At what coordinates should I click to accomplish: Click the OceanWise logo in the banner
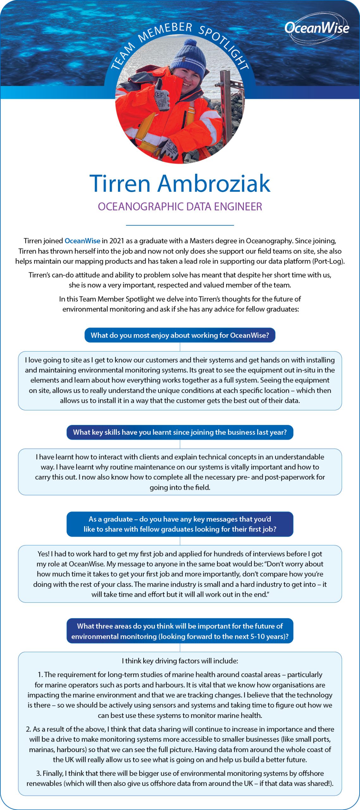tap(317, 28)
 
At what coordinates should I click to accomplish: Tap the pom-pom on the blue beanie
tap(190, 43)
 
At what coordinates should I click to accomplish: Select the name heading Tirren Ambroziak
tap(180, 183)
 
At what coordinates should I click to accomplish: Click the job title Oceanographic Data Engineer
tap(180, 207)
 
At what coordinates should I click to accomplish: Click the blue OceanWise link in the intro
tap(82, 241)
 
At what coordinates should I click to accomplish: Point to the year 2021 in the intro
tap(117, 241)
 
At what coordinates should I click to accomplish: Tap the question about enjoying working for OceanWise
tap(180, 335)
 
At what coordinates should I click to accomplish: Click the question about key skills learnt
tap(180, 432)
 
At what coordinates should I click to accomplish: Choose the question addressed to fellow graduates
tap(180, 524)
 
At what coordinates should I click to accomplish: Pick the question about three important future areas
tap(180, 631)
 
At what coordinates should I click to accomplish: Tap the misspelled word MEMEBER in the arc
tap(165, 31)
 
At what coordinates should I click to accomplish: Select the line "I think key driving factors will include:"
tap(180, 661)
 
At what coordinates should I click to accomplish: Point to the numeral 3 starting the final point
tap(38, 773)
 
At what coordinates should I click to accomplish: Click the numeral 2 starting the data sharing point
tap(28, 729)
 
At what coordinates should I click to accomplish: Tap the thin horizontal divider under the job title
tap(180, 225)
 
